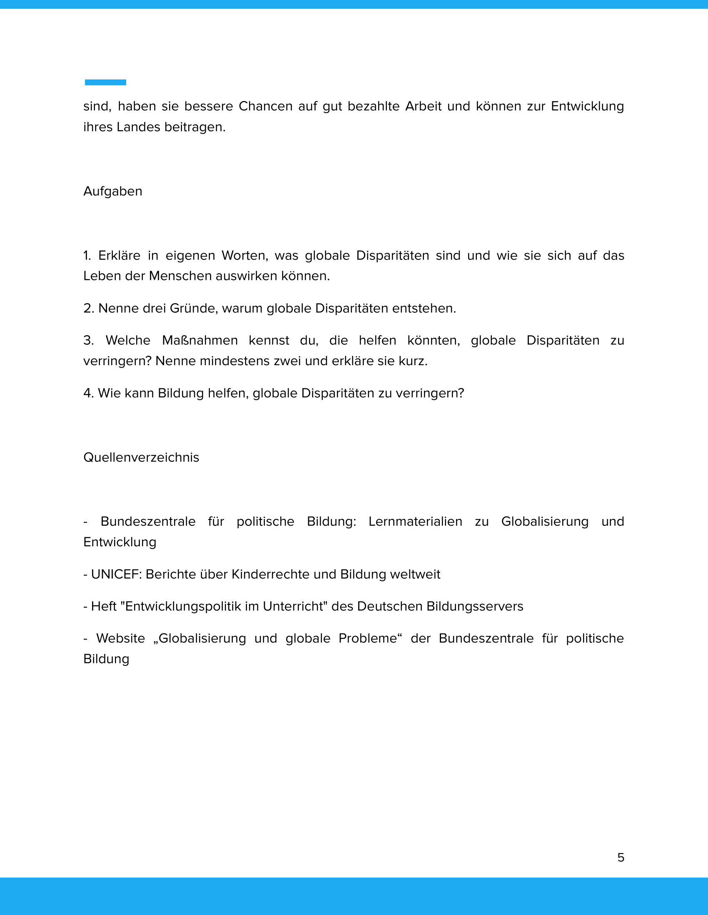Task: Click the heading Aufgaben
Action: pyautogui.click(x=113, y=191)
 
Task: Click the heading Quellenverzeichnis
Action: pyautogui.click(x=141, y=457)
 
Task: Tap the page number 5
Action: pyautogui.click(x=621, y=858)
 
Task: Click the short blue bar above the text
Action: pyautogui.click(x=105, y=82)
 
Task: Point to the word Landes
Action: pyautogui.click(x=138, y=127)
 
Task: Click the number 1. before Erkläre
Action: pyautogui.click(x=87, y=255)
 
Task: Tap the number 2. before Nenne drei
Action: pyautogui.click(x=88, y=308)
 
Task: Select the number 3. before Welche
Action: pyautogui.click(x=88, y=340)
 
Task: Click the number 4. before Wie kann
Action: pyautogui.click(x=88, y=393)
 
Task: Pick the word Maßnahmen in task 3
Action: pyautogui.click(x=199, y=340)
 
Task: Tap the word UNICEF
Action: pyautogui.click(x=116, y=574)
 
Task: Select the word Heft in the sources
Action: pyautogui.click(x=104, y=607)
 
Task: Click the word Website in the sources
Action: pyautogui.click(x=121, y=638)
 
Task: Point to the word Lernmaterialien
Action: pyautogui.click(x=415, y=522)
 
